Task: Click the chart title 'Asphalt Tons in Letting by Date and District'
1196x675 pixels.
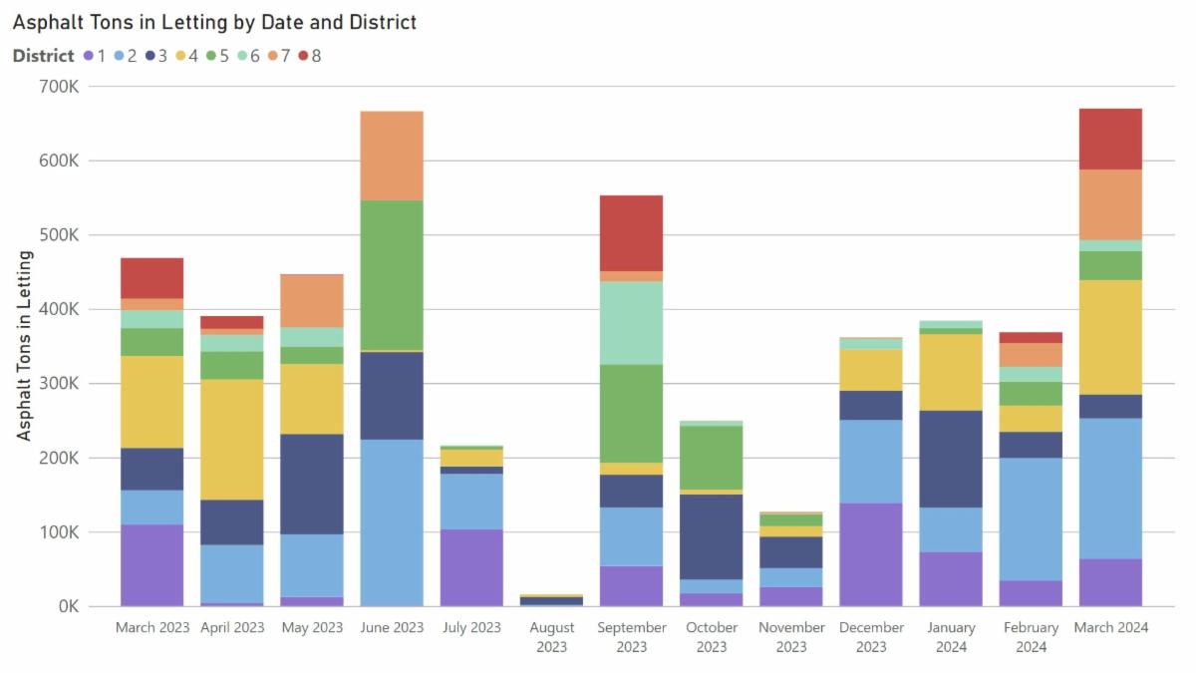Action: tap(214, 21)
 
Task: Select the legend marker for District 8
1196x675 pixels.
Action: tap(303, 56)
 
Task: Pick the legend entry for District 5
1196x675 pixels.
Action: tap(218, 56)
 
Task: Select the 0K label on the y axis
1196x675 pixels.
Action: tap(66, 606)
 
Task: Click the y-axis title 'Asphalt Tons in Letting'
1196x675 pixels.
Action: tap(24, 345)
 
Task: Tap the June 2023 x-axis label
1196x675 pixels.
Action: tap(392, 628)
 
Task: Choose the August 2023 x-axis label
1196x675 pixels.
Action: tap(551, 637)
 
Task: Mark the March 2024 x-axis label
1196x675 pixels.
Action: tap(1110, 628)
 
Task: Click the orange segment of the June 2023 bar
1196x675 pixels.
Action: tap(392, 156)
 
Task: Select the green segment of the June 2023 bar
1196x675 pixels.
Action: tap(392, 274)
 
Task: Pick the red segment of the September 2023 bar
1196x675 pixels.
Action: tap(631, 232)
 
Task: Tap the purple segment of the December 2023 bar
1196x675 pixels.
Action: tap(870, 554)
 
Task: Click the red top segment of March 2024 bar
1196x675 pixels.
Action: tap(1110, 139)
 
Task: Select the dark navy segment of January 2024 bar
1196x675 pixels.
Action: tap(950, 459)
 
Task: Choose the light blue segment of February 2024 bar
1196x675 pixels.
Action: tap(1031, 518)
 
